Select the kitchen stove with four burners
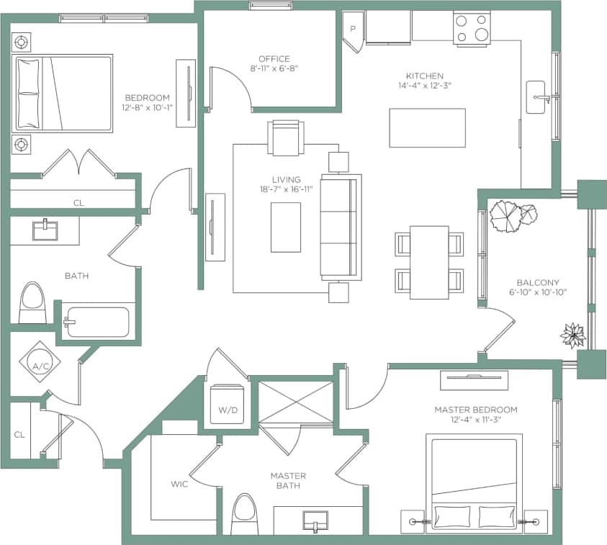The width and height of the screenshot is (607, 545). (x=471, y=29)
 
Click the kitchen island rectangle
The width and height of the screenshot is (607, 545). (x=427, y=127)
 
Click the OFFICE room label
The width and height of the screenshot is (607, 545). (x=274, y=59)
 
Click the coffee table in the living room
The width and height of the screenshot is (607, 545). (x=286, y=228)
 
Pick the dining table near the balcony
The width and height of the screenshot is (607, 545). (x=429, y=262)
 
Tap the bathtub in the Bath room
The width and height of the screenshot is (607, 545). (x=96, y=323)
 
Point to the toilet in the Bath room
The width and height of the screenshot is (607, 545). (x=32, y=303)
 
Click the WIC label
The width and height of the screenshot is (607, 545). (x=179, y=484)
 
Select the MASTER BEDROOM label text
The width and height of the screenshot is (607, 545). (x=475, y=410)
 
